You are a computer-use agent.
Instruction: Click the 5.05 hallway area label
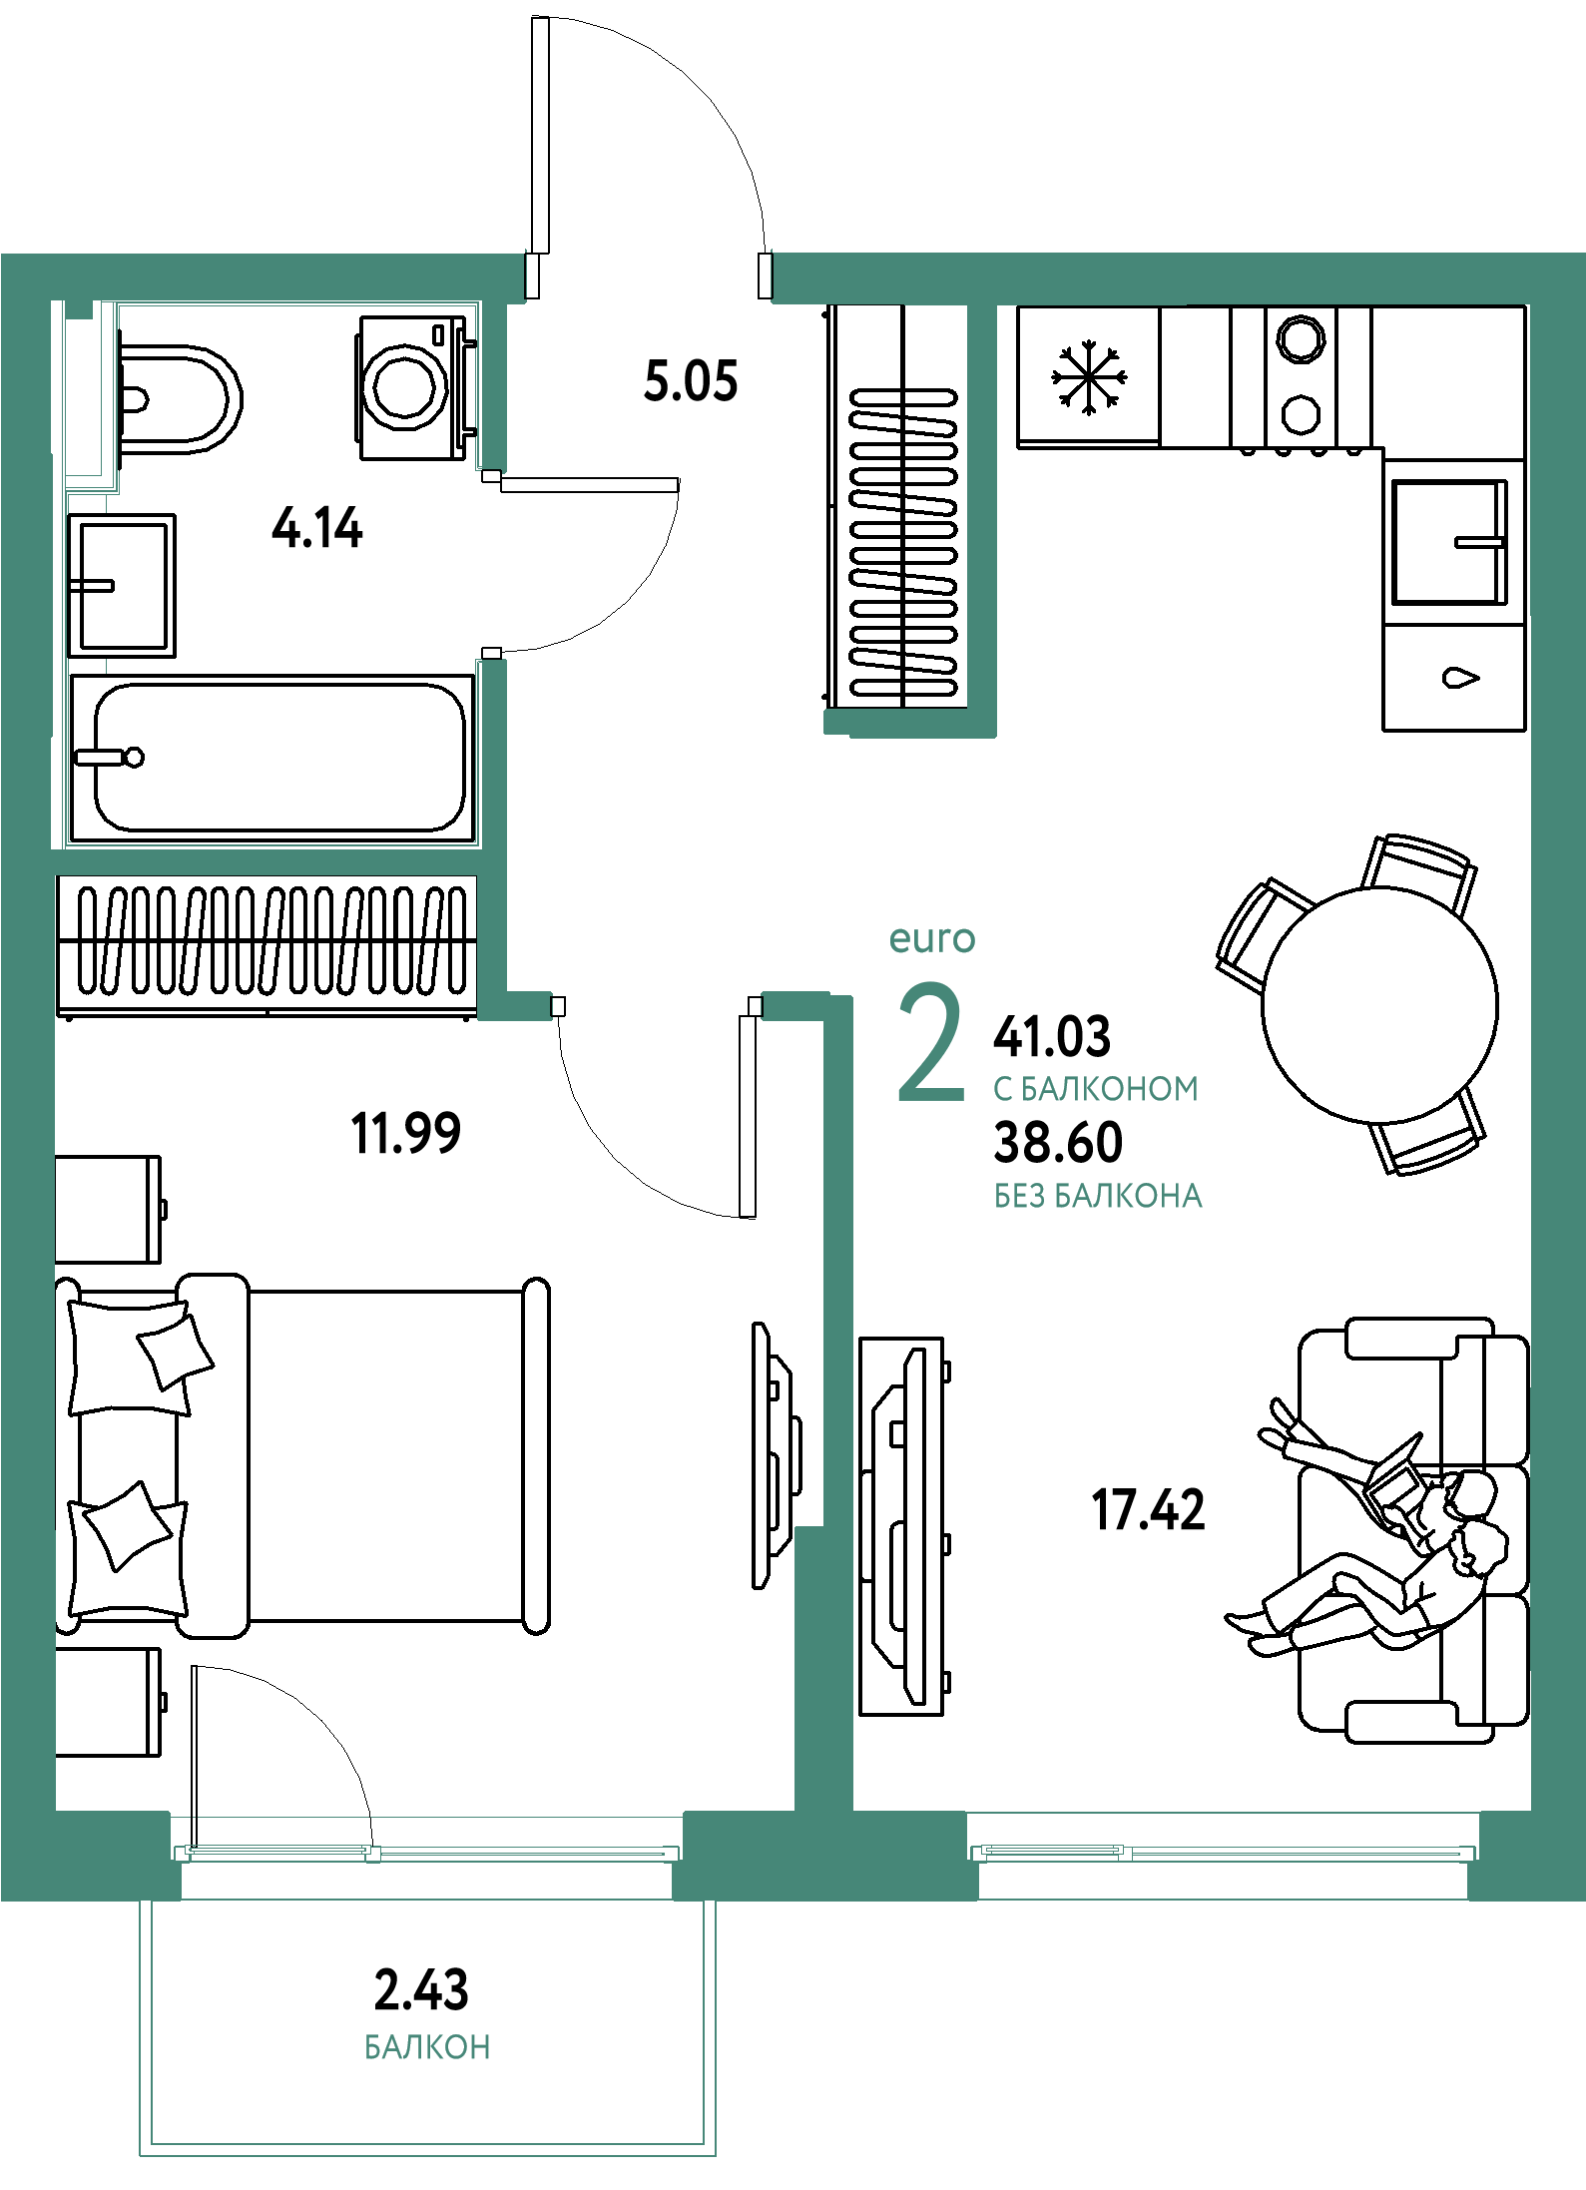pyautogui.click(x=691, y=381)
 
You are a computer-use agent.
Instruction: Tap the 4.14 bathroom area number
pyautogui.click(x=317, y=528)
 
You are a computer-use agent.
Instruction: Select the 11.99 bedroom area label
pyautogui.click(x=405, y=1133)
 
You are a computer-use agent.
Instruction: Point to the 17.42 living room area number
pyautogui.click(x=1148, y=1509)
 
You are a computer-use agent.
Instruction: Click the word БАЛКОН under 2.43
pyautogui.click(x=427, y=2047)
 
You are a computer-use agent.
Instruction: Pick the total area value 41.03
pyautogui.click(x=1052, y=1036)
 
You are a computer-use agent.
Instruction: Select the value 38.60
pyautogui.click(x=1058, y=1142)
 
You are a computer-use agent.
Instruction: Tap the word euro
pyautogui.click(x=932, y=939)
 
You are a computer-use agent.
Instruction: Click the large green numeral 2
pyautogui.click(x=931, y=1042)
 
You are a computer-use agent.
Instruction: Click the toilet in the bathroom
pyautogui.click(x=180, y=399)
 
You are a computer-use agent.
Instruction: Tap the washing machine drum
pyautogui.click(x=405, y=387)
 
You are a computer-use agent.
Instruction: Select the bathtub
pyautogui.click(x=272, y=759)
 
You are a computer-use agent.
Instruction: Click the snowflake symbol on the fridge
pyautogui.click(x=1089, y=377)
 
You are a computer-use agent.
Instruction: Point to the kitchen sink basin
pyautogui.click(x=1450, y=542)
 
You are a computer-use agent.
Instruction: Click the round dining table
pyautogui.click(x=1379, y=1004)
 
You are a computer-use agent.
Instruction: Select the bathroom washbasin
pyautogui.click(x=122, y=585)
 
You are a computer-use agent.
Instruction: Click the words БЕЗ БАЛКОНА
pyautogui.click(x=1098, y=1196)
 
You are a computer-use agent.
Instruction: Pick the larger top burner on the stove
pyautogui.click(x=1302, y=338)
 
